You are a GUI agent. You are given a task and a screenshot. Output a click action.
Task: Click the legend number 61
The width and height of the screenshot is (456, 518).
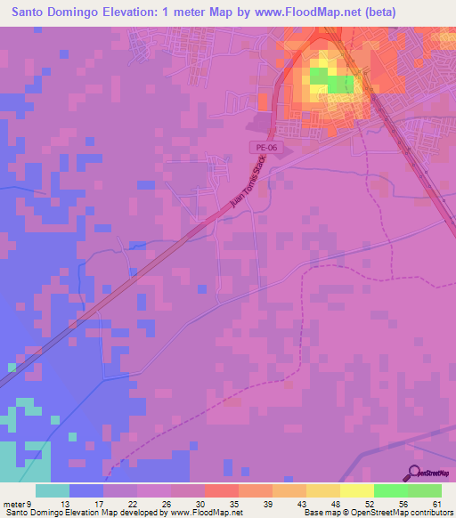coord(436,504)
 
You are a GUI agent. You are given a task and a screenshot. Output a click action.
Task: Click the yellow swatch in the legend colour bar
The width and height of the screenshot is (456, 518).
coord(355,490)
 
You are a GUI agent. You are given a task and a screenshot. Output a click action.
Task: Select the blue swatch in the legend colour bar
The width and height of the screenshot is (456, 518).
coord(86,490)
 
